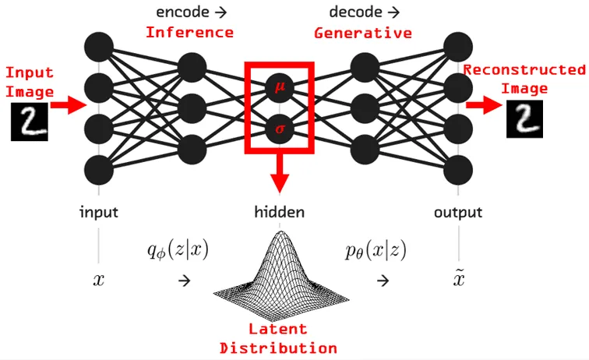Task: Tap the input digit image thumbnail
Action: point(29,123)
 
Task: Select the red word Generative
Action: point(363,33)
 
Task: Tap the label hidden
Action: point(278,212)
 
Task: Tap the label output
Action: point(458,212)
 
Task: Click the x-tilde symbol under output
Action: point(458,278)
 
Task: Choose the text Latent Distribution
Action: point(278,338)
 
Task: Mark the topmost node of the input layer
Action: point(99,44)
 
